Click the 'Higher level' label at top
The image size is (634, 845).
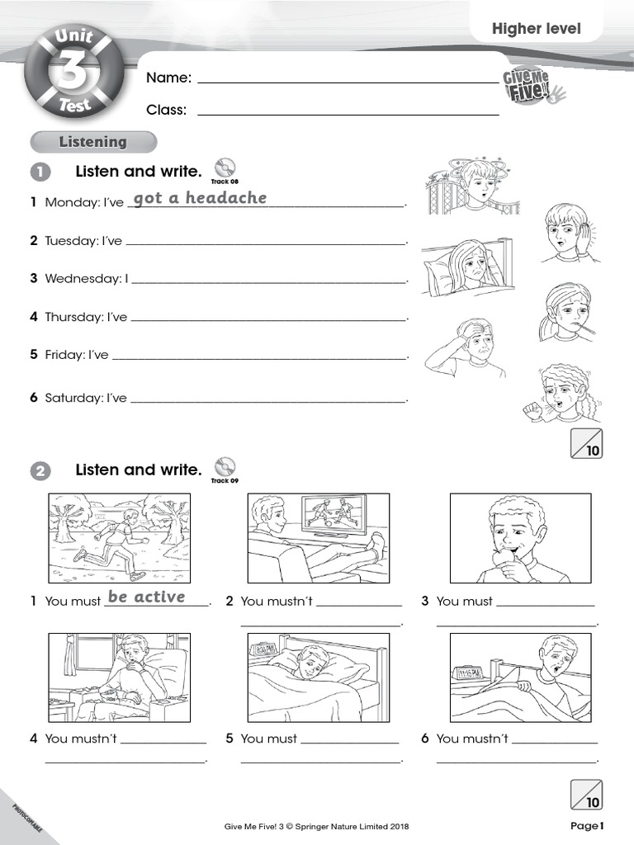tap(536, 29)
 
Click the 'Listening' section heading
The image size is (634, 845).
tap(92, 142)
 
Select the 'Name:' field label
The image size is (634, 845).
tap(168, 78)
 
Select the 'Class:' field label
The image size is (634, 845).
tap(166, 110)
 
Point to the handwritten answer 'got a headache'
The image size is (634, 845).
tap(200, 197)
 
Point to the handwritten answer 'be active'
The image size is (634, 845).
tap(146, 597)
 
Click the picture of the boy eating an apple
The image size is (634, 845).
tap(520, 539)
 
